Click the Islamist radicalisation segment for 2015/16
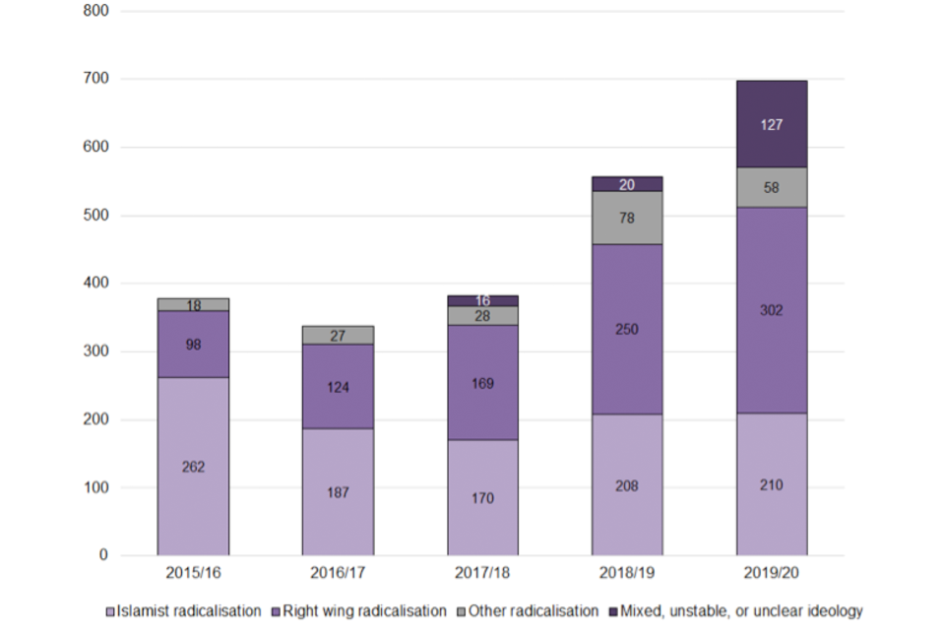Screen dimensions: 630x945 pyautogui.click(x=193, y=467)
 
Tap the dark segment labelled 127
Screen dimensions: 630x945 pyautogui.click(x=772, y=124)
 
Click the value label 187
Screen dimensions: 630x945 pyautogui.click(x=338, y=492)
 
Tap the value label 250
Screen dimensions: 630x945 pyautogui.click(x=627, y=329)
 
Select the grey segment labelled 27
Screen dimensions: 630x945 pyautogui.click(x=338, y=336)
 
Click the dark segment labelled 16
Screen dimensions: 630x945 pyautogui.click(x=482, y=300)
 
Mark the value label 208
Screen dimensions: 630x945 pyautogui.click(x=627, y=485)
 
